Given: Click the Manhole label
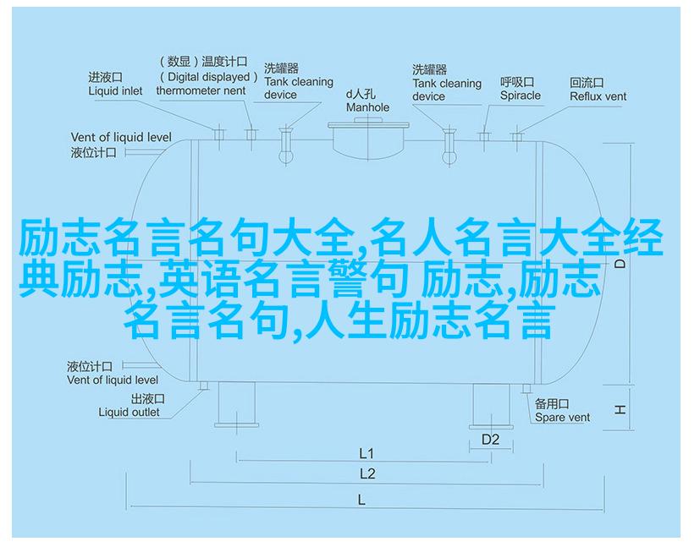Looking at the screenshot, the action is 367,107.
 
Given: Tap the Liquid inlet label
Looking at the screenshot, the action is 115,91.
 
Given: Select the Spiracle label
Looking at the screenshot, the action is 520,96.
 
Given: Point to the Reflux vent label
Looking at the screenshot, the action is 598,96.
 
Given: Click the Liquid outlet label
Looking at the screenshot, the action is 129,413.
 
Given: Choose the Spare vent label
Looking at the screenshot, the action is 562,418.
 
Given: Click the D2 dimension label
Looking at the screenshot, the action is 490,440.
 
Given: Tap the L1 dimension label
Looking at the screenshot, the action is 367,454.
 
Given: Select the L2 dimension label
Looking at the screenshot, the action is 367,474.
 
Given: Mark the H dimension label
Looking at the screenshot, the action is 620,409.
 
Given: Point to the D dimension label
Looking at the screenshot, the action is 620,264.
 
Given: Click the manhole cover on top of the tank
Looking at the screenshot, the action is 368,125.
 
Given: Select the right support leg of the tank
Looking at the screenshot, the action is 491,406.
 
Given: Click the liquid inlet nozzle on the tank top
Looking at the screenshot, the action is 218,134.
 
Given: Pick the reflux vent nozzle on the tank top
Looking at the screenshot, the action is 517,136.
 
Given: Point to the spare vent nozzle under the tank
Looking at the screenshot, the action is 526,389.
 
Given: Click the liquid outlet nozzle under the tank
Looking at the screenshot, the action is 204,386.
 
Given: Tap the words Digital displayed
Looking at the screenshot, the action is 208,77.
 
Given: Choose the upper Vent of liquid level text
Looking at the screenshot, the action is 121,137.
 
